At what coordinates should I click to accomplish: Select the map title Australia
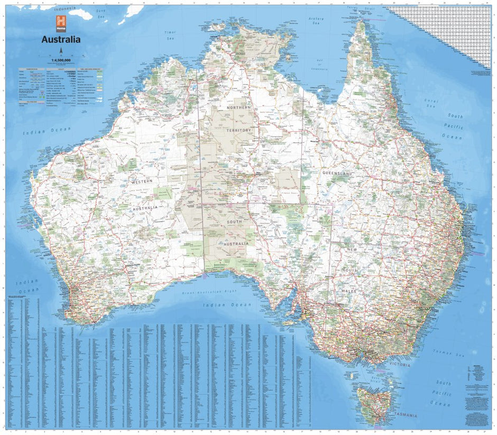point(61,39)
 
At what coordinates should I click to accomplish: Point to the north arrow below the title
point(61,50)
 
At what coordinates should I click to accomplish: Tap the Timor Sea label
point(170,35)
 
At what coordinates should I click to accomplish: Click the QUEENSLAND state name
point(337,173)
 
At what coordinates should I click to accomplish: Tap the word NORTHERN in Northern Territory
point(239,107)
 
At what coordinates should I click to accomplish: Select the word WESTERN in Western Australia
point(143,182)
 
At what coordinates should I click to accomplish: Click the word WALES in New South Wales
point(348,292)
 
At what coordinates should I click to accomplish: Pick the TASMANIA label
point(404,415)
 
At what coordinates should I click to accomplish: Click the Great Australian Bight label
point(214,293)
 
